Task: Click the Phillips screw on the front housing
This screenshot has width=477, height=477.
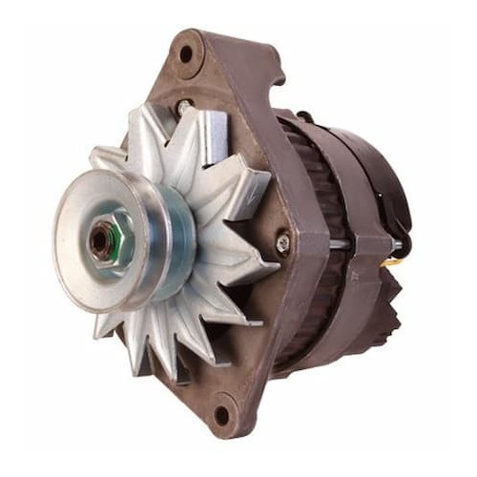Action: pyautogui.click(x=281, y=243)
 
